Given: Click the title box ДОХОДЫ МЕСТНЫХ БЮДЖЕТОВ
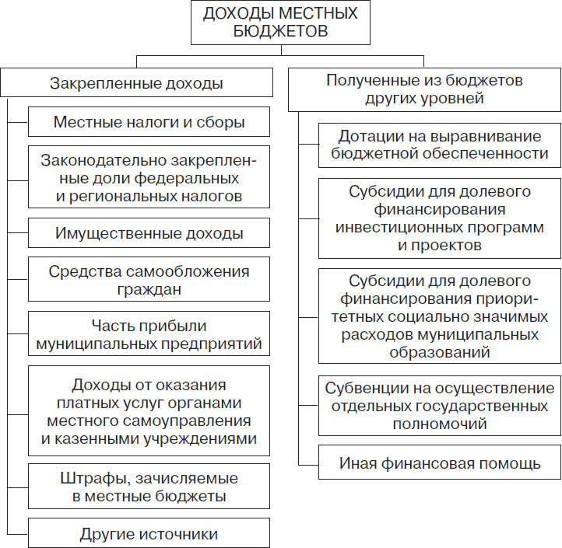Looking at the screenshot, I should point(280,23).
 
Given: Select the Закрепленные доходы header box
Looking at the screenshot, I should point(136,82).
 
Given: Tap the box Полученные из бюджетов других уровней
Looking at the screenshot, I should point(424,89).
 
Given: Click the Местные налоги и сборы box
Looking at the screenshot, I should point(149,122).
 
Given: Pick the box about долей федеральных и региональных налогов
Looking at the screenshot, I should point(149,179).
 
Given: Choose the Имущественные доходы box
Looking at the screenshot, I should point(149,233).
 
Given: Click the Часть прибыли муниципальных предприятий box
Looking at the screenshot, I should point(149,334).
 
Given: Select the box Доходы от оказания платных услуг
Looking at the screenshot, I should point(149,411).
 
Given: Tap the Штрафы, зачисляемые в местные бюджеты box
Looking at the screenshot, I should point(149,487).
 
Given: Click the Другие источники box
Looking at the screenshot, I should point(149,534).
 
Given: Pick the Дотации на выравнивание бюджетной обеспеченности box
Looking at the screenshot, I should point(440,144).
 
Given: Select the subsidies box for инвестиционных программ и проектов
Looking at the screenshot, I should point(440,218).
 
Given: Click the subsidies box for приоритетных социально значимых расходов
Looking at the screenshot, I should point(440,316).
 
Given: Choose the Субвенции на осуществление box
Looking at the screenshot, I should point(440,406).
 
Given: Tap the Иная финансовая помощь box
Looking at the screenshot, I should point(440,464).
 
